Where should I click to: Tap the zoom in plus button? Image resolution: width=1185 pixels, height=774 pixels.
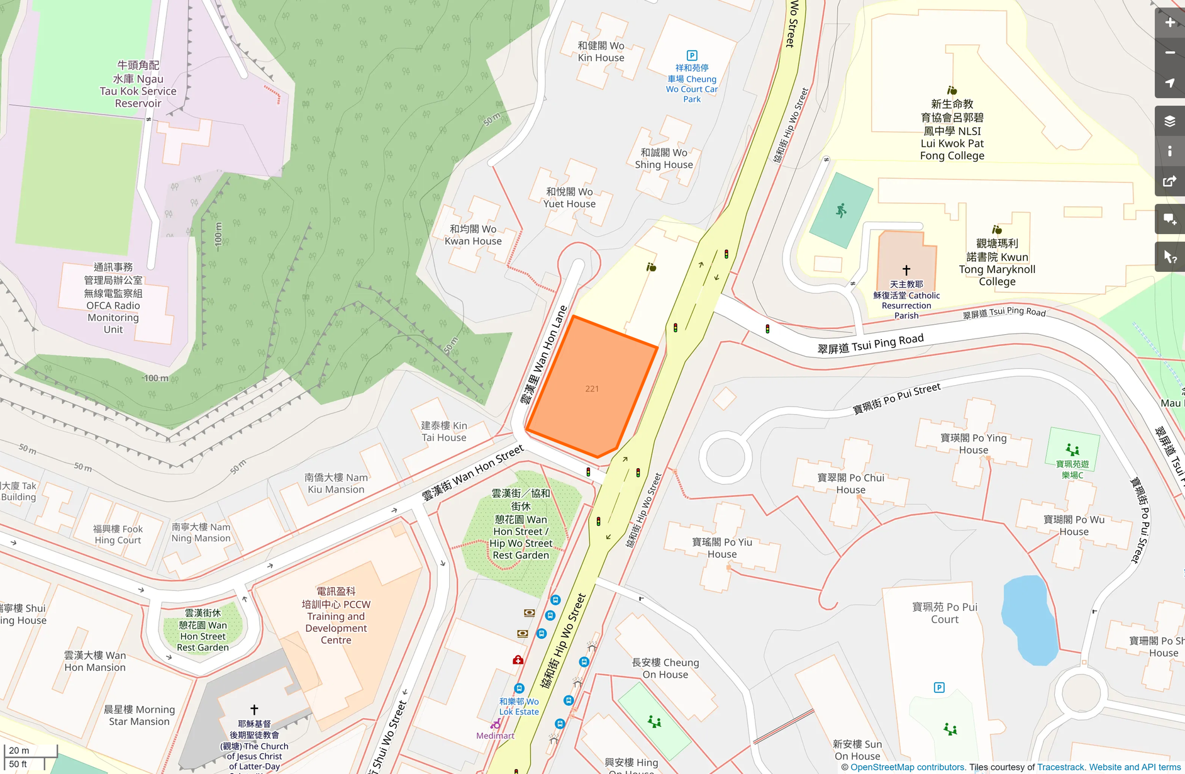(x=1169, y=23)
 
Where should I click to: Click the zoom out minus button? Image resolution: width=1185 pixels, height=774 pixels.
(x=1169, y=53)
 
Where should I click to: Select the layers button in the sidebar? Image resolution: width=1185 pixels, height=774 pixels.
(x=1169, y=121)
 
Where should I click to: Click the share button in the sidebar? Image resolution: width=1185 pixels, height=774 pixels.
(x=1169, y=182)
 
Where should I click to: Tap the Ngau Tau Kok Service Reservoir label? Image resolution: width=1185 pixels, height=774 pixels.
(x=138, y=84)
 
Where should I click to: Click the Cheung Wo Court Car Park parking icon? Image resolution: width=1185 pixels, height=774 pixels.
(x=692, y=55)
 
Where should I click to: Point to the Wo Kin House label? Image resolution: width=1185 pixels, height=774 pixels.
(x=601, y=52)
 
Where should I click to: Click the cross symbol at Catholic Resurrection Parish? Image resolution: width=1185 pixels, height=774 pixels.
(x=906, y=270)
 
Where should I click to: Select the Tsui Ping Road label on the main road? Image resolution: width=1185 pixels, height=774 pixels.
(x=871, y=344)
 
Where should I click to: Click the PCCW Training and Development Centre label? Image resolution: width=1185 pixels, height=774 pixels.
(x=336, y=615)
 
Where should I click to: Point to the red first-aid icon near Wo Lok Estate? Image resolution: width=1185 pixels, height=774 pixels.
(x=518, y=659)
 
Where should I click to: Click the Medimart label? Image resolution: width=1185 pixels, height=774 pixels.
(x=495, y=736)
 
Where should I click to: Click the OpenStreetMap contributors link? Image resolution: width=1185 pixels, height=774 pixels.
(x=907, y=767)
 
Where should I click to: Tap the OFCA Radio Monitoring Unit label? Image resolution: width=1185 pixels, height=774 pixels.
(x=113, y=298)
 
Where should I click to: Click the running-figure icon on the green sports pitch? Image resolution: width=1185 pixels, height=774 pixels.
(x=841, y=210)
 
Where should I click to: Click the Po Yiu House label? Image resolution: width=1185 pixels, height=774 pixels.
(x=722, y=548)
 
